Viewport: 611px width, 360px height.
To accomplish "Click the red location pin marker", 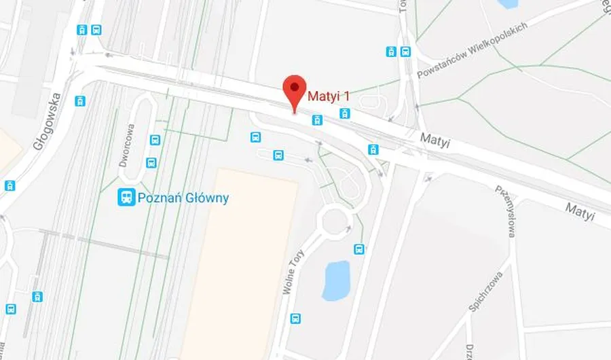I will pos(293,90).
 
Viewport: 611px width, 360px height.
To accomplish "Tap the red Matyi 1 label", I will pos(329,96).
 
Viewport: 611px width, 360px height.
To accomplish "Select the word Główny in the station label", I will pos(206,198).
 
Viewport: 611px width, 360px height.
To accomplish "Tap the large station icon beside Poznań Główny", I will pos(126,198).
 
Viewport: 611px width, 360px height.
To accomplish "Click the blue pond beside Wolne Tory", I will pos(335,281).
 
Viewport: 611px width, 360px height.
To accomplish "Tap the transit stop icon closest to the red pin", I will pos(316,120).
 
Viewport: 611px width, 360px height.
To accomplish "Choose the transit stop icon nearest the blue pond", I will pos(359,249).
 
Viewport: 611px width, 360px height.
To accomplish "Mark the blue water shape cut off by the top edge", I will pos(507,3).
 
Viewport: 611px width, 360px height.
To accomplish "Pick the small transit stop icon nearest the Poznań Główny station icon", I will pos(151,162).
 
